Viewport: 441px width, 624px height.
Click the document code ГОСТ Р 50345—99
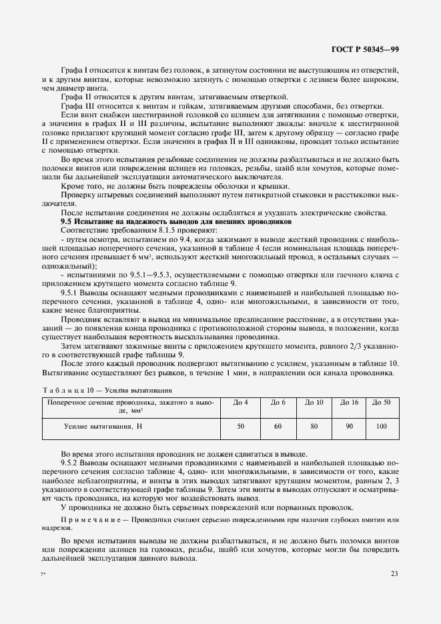pyautogui.click(x=366, y=50)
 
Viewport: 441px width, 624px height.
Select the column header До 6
pyautogui.click(x=278, y=403)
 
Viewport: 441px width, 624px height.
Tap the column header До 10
pyautogui.click(x=314, y=403)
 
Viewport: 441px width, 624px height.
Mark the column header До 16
pyautogui.click(x=350, y=403)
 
